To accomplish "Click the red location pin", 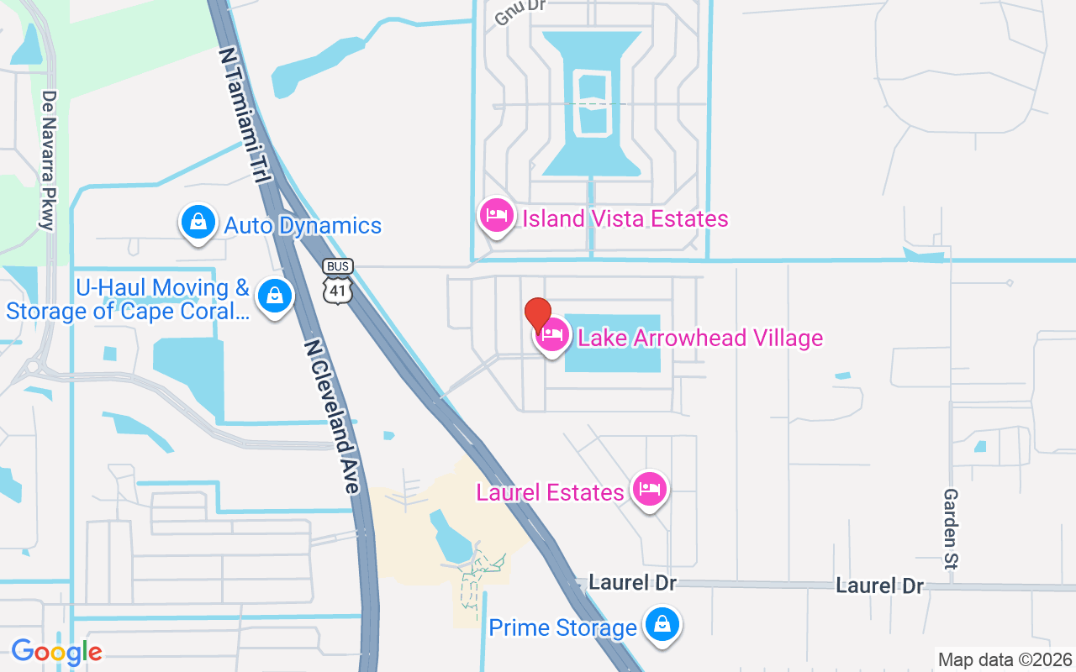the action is point(538,315).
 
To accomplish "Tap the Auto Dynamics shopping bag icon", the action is point(198,223).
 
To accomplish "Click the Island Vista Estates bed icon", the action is point(497,216).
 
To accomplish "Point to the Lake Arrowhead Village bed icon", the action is point(552,335).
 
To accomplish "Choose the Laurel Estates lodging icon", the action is point(650,488).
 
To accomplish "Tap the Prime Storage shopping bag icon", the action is point(662,625).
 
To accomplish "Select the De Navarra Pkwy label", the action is point(48,160).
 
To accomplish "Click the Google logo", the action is point(56,652).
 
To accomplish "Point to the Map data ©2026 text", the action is point(1005,659).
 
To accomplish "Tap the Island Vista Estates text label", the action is point(625,219).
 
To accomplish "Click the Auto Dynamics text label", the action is point(303,226).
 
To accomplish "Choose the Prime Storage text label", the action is point(562,628).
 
